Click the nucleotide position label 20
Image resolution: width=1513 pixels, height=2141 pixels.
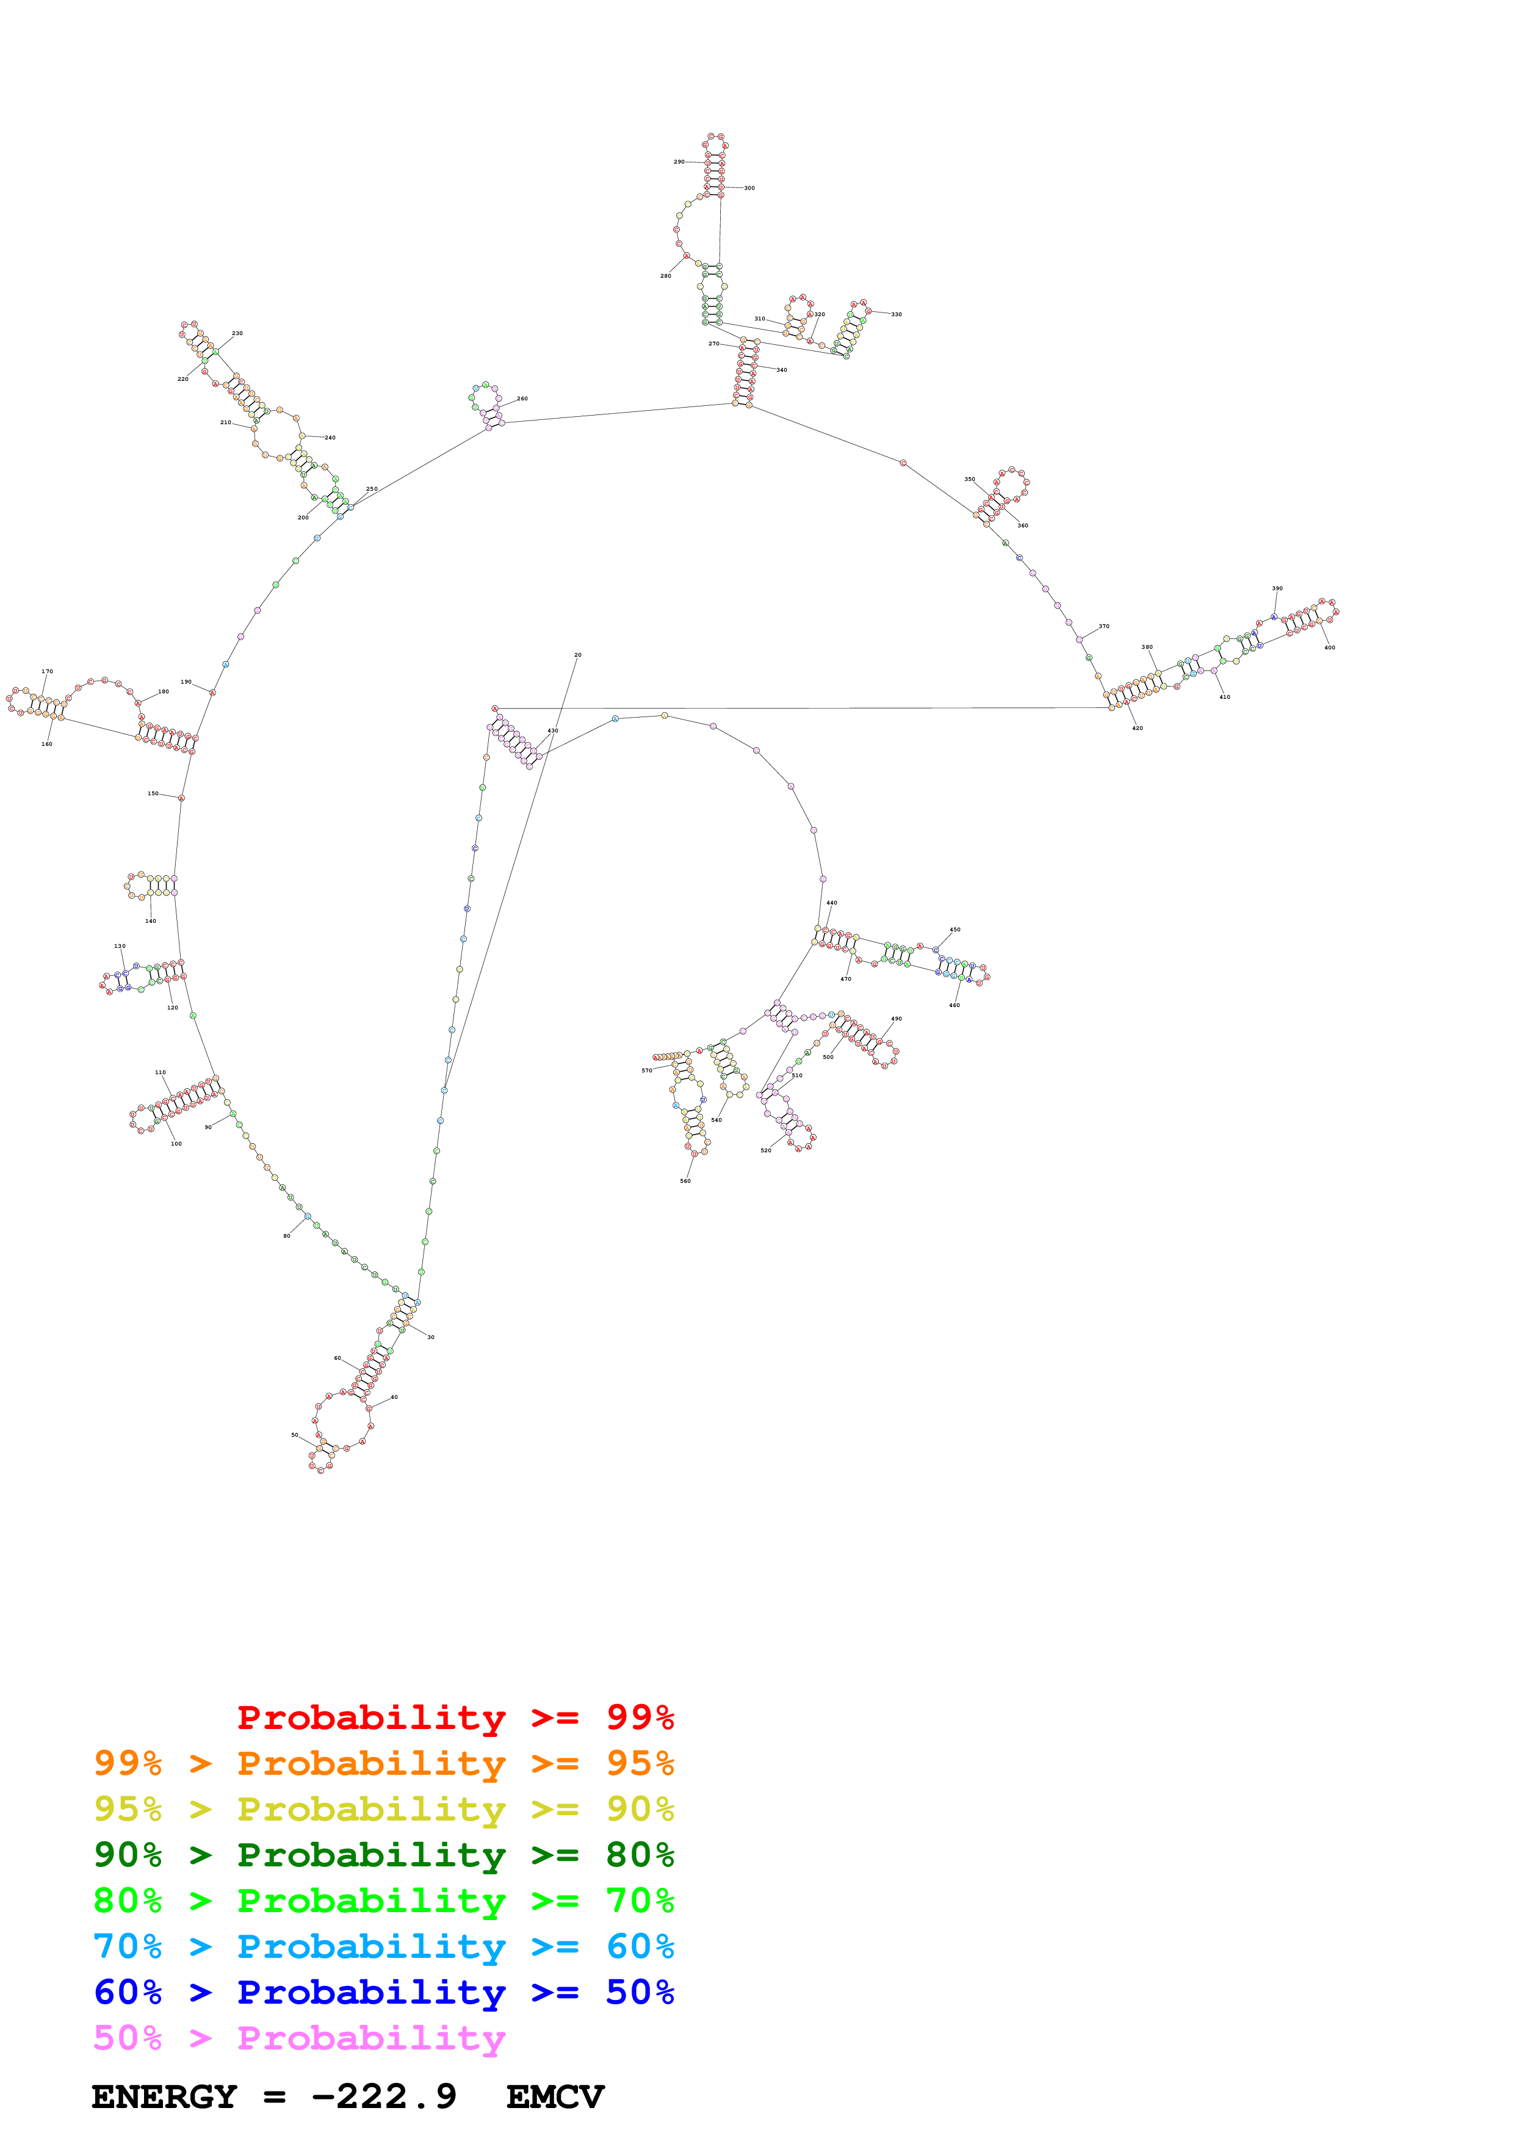coord(578,655)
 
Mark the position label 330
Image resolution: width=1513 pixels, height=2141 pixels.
coord(896,314)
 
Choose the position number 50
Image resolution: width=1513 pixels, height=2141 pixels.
coord(295,1435)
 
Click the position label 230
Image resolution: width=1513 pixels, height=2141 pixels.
coord(237,333)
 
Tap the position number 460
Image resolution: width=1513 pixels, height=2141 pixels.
coord(954,1005)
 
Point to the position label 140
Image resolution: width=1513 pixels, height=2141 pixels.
coord(150,922)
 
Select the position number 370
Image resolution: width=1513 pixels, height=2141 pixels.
coord(1103,627)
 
